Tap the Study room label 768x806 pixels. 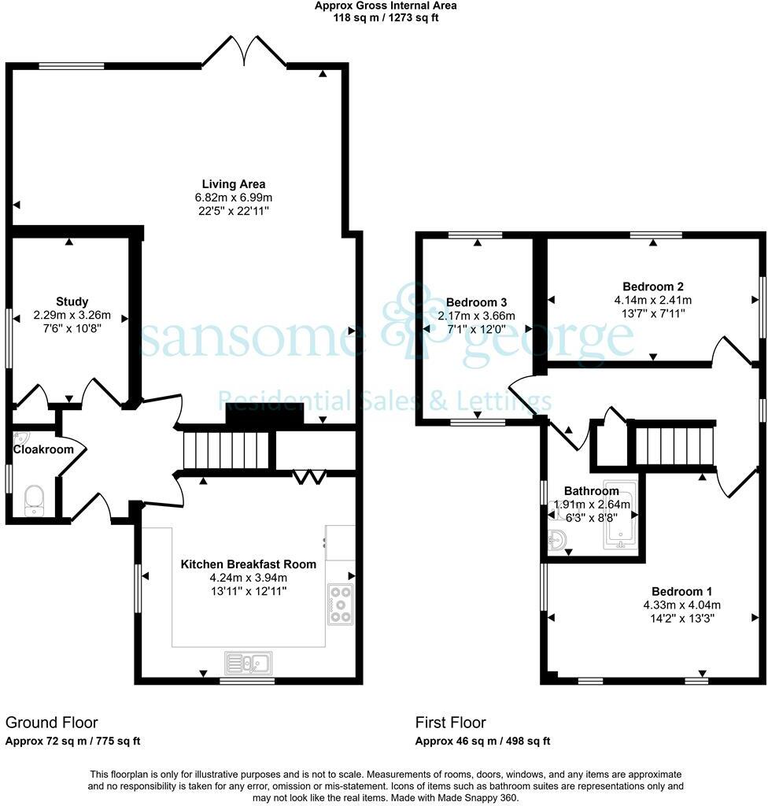click(72, 301)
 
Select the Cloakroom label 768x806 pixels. click(42, 449)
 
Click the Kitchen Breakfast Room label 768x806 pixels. click(249, 564)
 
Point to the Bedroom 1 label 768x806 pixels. click(681, 591)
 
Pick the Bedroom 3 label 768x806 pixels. click(476, 302)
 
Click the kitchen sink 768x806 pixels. click(249, 664)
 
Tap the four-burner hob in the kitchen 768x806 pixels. click(341, 604)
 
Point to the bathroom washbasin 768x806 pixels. click(559, 542)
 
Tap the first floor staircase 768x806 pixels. click(675, 446)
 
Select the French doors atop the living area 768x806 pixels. click(244, 52)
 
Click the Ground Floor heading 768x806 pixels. click(52, 723)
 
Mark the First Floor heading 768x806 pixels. click(451, 723)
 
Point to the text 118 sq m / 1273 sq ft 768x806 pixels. click(386, 17)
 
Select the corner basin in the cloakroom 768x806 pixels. click(21, 438)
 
